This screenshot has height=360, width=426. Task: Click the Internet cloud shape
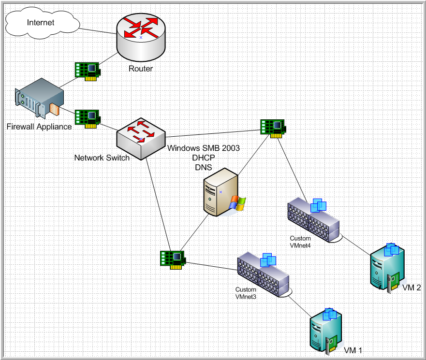(41, 23)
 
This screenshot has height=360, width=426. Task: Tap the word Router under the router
(141, 69)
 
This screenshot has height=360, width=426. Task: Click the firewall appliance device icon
(39, 101)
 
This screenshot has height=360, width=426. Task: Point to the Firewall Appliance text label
(39, 127)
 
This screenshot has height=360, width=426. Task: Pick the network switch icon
(141, 137)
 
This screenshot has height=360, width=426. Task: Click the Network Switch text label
(102, 158)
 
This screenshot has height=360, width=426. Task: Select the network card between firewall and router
(87, 71)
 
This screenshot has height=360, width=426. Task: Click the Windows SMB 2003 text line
(204, 148)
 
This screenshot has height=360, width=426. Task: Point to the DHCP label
(204, 158)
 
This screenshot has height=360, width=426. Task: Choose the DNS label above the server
(204, 167)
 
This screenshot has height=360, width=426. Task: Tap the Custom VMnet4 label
(300, 242)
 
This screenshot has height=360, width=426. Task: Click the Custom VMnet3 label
(246, 293)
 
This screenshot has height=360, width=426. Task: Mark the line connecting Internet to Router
(98, 30)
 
